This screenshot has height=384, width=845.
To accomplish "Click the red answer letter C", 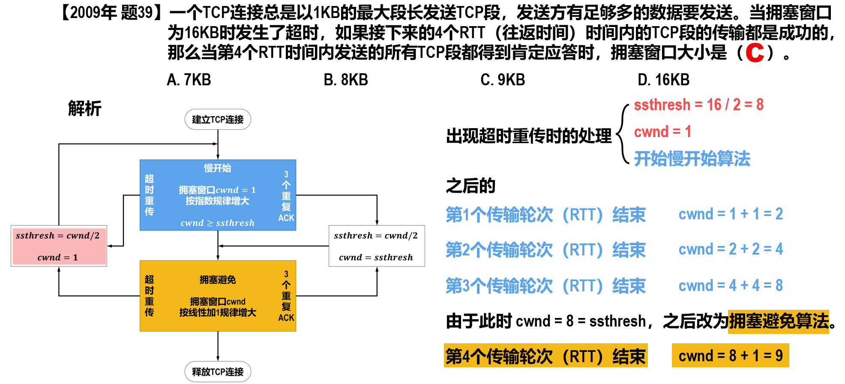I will [755, 53].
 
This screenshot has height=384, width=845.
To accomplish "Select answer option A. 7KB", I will [189, 80].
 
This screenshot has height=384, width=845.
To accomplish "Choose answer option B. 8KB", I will [346, 80].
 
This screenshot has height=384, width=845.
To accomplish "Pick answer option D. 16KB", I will [663, 80].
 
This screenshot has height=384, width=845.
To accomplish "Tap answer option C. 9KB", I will [503, 80].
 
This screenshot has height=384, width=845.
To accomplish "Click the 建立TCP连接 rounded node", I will [218, 120].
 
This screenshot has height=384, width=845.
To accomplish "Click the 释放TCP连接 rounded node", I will [218, 372].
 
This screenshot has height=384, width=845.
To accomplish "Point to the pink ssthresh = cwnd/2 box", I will [59, 246].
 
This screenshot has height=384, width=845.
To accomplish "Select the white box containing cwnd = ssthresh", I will [377, 246].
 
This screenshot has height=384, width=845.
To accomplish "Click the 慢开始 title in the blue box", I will [217, 168].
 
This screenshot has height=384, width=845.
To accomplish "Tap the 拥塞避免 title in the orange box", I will [218, 280].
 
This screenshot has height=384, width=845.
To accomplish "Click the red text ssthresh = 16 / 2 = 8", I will [698, 105].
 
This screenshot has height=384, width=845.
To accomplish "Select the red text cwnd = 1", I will [662, 132].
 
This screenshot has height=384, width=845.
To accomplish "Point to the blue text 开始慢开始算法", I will [692, 159].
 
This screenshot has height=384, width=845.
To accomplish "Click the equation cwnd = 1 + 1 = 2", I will [731, 214].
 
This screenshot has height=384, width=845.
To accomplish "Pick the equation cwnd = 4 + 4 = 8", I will [731, 285].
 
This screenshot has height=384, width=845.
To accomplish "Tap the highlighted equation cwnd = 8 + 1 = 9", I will [730, 356].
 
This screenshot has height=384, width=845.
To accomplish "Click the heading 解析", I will [84, 109].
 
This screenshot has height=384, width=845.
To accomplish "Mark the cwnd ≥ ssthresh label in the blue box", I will [218, 223].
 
